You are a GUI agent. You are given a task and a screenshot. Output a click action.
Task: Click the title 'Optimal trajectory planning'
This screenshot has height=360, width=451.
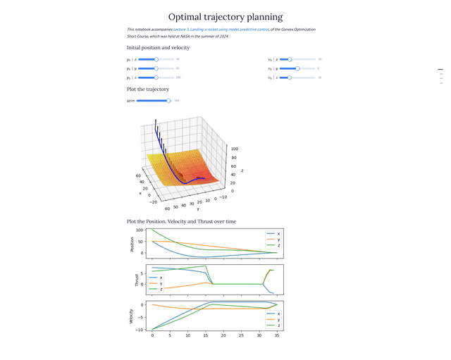225,17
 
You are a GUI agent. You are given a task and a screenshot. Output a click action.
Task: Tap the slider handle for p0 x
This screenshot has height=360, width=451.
156,59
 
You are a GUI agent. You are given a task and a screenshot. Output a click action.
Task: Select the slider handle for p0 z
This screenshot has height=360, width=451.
156,77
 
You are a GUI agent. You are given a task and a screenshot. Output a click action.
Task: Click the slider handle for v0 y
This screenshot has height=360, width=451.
297,68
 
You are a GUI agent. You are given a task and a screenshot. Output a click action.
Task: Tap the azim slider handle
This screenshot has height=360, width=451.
168,101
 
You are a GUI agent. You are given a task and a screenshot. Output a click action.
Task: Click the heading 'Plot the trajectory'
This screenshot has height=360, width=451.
148,89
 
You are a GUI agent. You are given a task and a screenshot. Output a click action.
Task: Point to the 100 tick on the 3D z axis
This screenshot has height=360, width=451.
234,149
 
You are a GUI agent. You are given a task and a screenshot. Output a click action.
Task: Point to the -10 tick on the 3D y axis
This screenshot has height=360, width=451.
223,197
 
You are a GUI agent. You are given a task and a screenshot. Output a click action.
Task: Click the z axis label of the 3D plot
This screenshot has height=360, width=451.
242,170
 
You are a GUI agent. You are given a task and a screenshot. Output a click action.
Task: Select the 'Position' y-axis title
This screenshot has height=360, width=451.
132,244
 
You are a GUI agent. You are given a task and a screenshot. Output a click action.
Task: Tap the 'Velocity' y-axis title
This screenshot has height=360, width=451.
132,316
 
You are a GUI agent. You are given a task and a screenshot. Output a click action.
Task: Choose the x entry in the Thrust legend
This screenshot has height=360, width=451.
161,278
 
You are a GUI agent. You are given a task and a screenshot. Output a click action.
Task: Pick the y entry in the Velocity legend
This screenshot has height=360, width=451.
278,319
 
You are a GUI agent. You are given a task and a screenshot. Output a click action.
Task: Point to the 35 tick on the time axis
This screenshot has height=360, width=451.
277,336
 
